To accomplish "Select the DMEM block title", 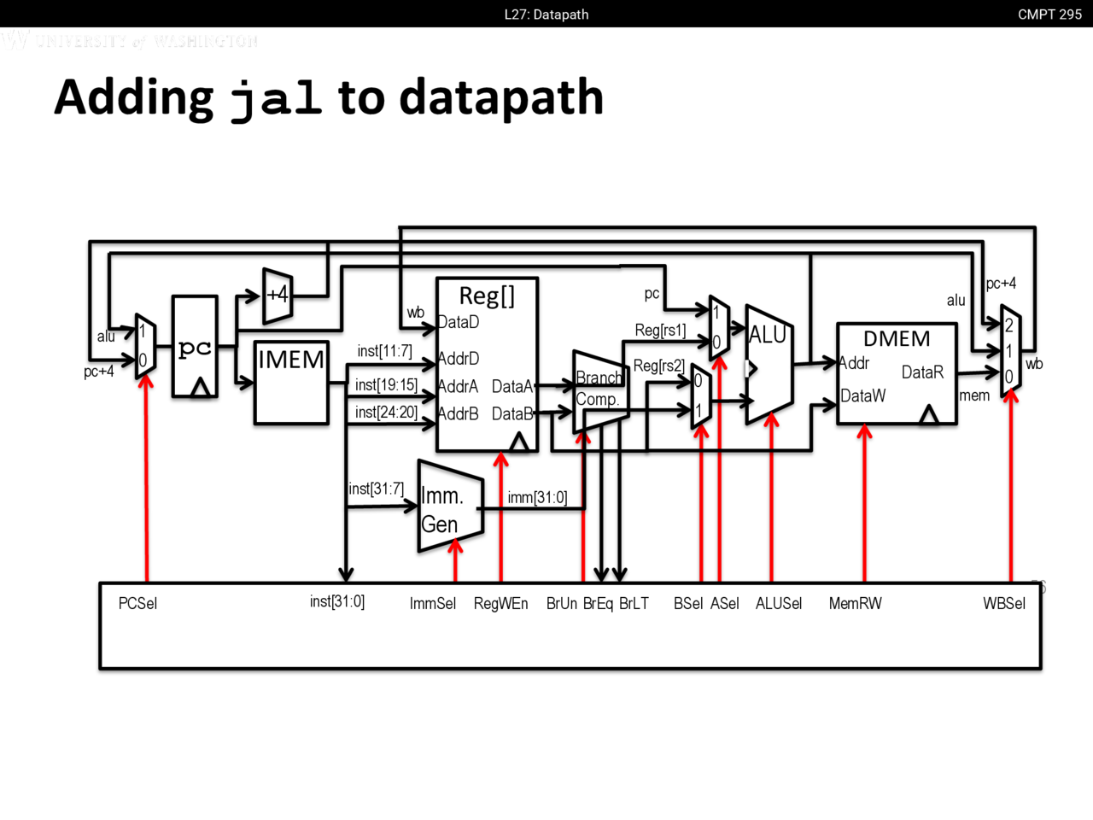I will pos(897,339).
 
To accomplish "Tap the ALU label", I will pos(768,335).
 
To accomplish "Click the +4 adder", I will pos(278,296).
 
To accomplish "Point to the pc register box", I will pos(195,347).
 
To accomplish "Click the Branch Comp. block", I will pos(599,389).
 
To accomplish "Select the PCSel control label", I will pos(137,604).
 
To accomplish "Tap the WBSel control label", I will pos(1004,604).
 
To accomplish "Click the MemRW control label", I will pos(855,604).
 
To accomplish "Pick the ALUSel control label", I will pos(779,604).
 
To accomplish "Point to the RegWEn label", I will pos(500,604).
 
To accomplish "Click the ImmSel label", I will pos(433,604).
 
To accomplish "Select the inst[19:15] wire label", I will pos(386,385).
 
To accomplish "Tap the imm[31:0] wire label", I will pos(537,497).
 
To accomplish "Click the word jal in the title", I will pos(276,97).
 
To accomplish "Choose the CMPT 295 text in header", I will pos(1049,15).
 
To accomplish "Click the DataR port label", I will pos(922,372).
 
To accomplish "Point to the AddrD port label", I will pos(459,359).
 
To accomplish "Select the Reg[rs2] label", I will pos(658,366).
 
